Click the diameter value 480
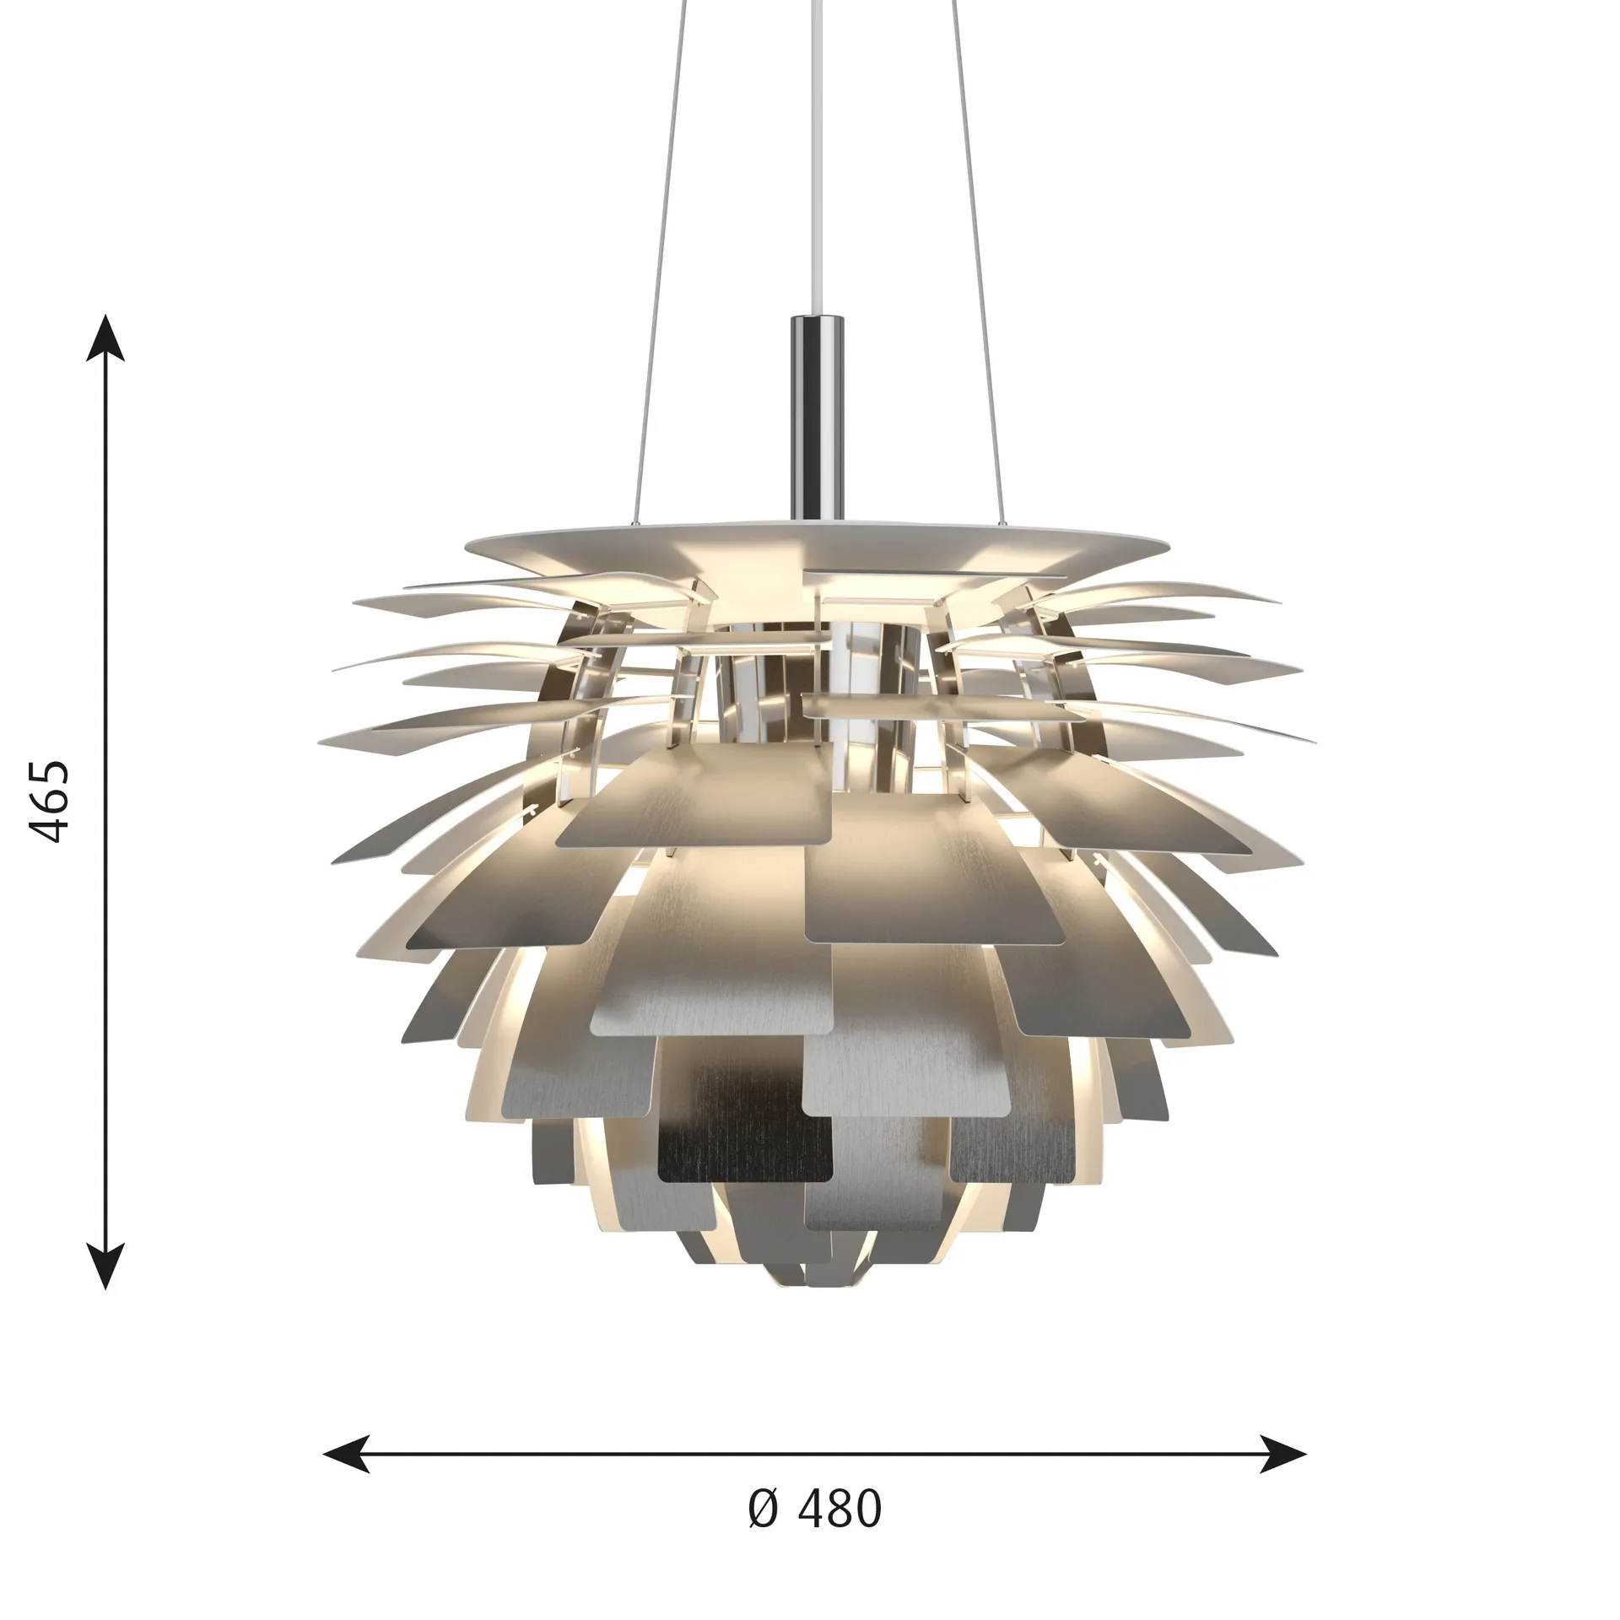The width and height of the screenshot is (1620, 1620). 839,1509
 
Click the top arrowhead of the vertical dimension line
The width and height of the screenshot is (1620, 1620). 105,337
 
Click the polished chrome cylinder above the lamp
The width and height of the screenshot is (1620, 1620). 817,413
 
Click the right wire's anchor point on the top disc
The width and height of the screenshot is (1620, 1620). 1002,525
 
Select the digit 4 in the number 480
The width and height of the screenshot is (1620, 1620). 812,1509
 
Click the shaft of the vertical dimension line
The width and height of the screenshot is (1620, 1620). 105,802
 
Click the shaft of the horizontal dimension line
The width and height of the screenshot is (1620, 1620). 815,1454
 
